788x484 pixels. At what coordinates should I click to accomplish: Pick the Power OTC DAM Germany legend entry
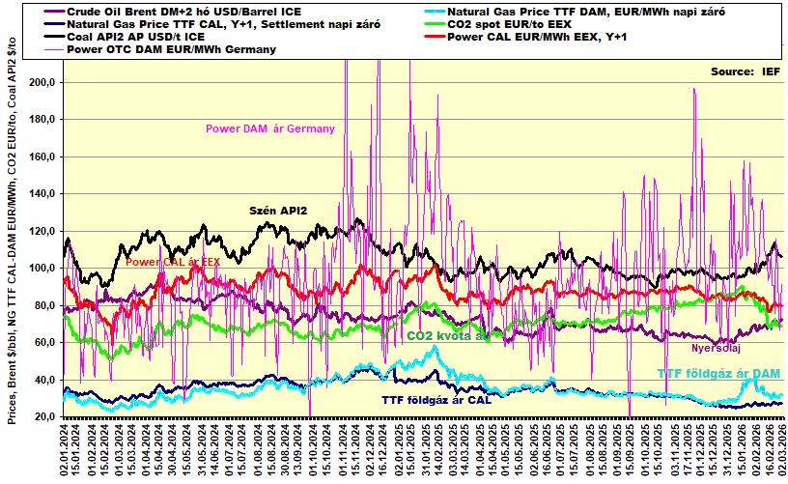(x=180, y=48)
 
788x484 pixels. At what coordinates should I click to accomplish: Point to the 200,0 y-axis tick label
(x=41, y=83)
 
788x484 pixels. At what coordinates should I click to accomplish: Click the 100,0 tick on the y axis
(x=41, y=269)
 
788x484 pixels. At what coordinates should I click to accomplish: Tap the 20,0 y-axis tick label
(x=42, y=417)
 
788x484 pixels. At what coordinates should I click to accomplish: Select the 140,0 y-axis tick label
(x=41, y=194)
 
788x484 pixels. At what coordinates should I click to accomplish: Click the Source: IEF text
(x=745, y=71)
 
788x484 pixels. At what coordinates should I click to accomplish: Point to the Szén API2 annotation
(x=278, y=210)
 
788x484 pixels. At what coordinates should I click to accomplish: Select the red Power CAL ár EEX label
(x=173, y=262)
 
